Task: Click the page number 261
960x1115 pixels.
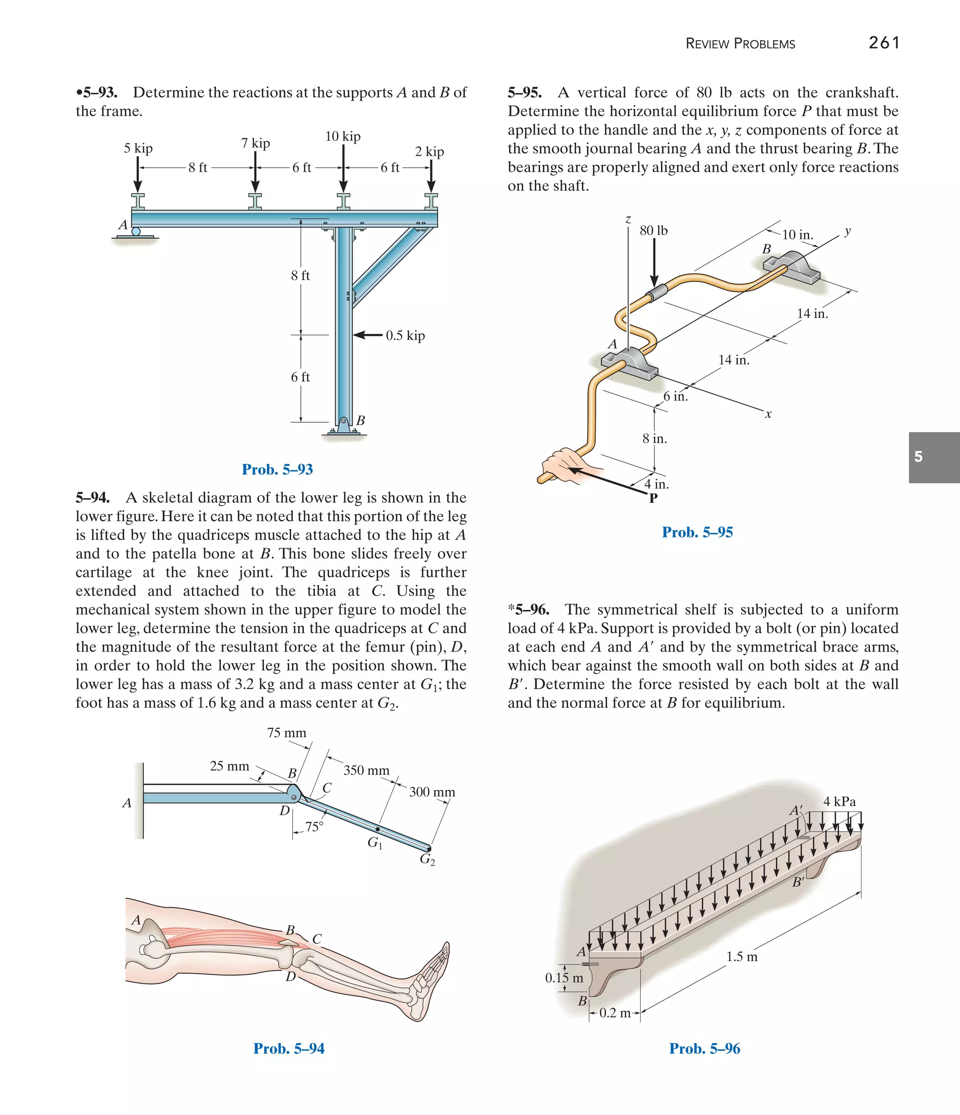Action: tap(884, 43)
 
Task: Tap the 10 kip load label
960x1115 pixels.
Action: tap(343, 137)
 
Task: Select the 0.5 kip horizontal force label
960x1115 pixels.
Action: tap(405, 336)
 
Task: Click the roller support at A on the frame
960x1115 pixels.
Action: tap(135, 232)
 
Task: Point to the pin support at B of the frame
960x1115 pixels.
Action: tap(344, 423)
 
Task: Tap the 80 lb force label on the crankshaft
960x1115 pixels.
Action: tap(653, 231)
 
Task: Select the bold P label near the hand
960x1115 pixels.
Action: tap(653, 498)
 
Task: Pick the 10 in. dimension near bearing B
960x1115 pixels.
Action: tap(797, 235)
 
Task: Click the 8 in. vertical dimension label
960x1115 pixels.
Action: tap(654, 439)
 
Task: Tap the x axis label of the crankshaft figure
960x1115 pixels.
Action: tap(768, 414)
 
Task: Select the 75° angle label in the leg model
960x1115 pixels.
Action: tap(314, 827)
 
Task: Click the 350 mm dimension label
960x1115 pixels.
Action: tap(366, 770)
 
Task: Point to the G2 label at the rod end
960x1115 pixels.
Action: tap(427, 859)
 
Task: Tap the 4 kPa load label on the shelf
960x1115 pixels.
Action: tap(839, 801)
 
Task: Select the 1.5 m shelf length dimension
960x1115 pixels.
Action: tap(742, 956)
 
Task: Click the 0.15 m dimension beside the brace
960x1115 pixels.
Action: tap(563, 978)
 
